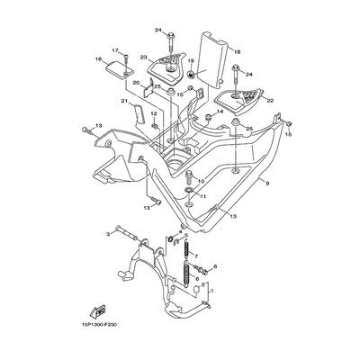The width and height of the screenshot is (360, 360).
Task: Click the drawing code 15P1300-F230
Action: [x=98, y=325]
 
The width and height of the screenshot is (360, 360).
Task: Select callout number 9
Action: [x=267, y=183]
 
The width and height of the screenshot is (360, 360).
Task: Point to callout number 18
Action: [x=237, y=52]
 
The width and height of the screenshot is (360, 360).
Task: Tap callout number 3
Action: [x=109, y=234]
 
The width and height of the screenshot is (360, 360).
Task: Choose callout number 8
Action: [x=215, y=266]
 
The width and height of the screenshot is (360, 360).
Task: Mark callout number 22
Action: [x=270, y=101]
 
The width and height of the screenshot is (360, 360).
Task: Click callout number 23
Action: [x=143, y=57]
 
